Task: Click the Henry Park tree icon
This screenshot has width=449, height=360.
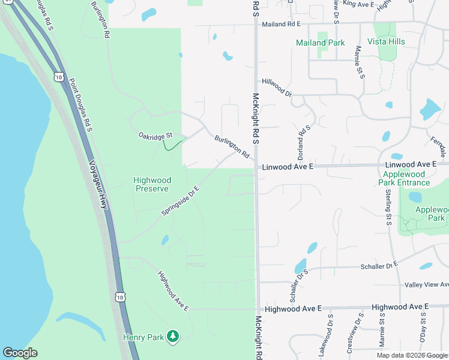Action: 173,337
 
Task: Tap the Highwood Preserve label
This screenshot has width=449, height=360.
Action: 152,184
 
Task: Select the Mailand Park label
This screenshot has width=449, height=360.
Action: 320,43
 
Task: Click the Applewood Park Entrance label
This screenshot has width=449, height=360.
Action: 405,178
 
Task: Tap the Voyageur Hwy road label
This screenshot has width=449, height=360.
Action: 100,185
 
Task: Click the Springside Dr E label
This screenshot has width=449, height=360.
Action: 179,200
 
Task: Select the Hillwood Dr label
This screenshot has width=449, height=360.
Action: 276,88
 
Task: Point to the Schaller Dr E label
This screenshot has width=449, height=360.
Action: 379,265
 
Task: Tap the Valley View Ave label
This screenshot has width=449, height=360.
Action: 427,284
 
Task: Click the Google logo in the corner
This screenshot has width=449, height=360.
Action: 20,353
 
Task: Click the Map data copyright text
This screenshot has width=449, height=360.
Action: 412,355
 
